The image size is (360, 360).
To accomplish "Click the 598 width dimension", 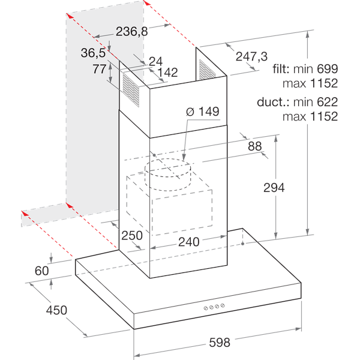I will click(220, 343).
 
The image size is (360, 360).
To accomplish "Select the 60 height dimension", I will click(41, 271).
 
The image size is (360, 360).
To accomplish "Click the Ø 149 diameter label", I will click(202, 112).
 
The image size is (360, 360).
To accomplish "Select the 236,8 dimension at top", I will click(131, 32).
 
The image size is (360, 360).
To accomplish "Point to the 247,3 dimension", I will click(251, 56).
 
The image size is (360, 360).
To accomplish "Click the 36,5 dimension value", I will click(94, 53).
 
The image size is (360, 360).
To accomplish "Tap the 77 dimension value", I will click(100, 69).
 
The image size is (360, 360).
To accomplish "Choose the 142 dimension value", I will click(167, 73).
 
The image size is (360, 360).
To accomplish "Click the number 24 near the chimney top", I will click(155, 61).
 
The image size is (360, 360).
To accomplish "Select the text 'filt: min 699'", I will click(305, 69).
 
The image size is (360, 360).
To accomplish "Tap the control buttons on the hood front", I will click(214, 307).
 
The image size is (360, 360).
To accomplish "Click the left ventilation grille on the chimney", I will click(130, 88).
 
